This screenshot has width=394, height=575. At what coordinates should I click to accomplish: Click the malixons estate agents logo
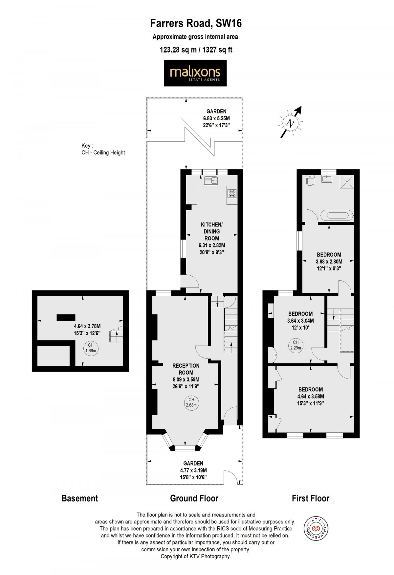(x=195, y=73)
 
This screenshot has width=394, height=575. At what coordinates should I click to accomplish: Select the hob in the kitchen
(x=232, y=193)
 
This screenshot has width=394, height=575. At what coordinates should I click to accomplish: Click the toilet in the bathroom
(x=310, y=180)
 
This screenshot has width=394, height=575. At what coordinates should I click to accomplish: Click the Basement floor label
(x=80, y=498)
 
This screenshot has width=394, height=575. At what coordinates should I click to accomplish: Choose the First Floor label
(x=310, y=498)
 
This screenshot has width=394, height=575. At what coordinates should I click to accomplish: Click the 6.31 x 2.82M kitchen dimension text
(x=212, y=245)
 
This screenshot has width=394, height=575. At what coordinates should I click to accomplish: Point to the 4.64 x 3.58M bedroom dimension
(x=310, y=396)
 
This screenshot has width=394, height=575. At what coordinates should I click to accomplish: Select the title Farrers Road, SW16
(x=196, y=23)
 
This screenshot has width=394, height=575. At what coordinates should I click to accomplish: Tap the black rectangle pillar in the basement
(x=66, y=317)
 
